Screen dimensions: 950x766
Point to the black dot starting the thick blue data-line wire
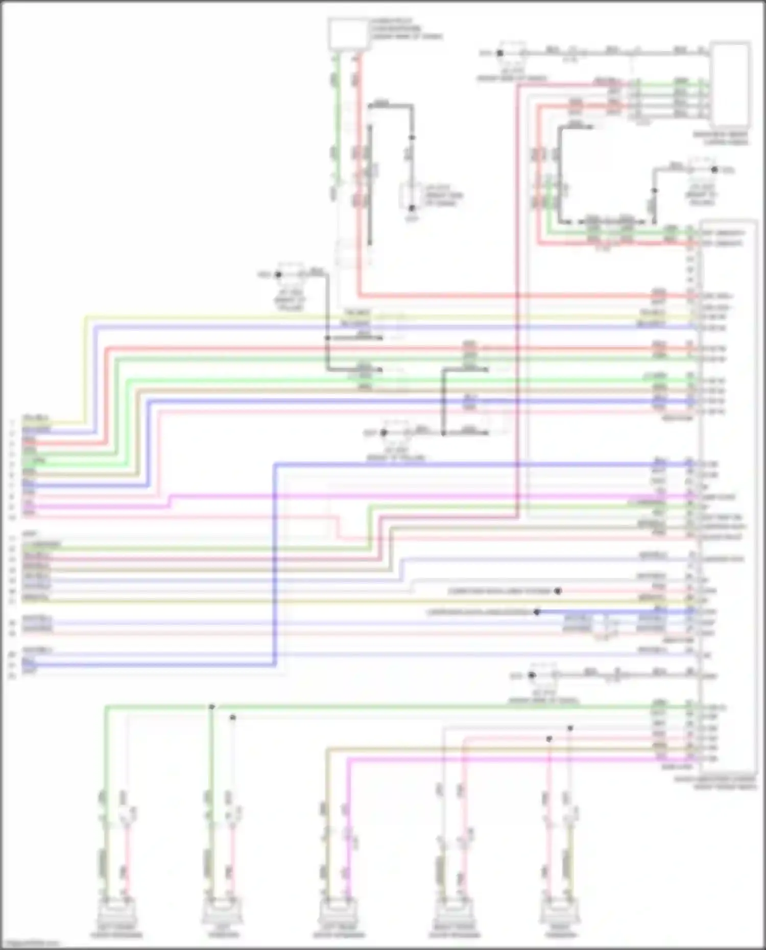point(537,612)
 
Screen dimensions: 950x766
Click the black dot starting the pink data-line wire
point(558,591)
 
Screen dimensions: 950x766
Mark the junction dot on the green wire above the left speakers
point(211,707)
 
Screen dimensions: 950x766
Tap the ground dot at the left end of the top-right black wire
point(500,53)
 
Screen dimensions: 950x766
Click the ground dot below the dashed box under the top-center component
point(412,208)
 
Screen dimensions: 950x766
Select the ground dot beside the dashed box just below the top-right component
point(714,169)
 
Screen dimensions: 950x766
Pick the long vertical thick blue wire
point(275,562)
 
